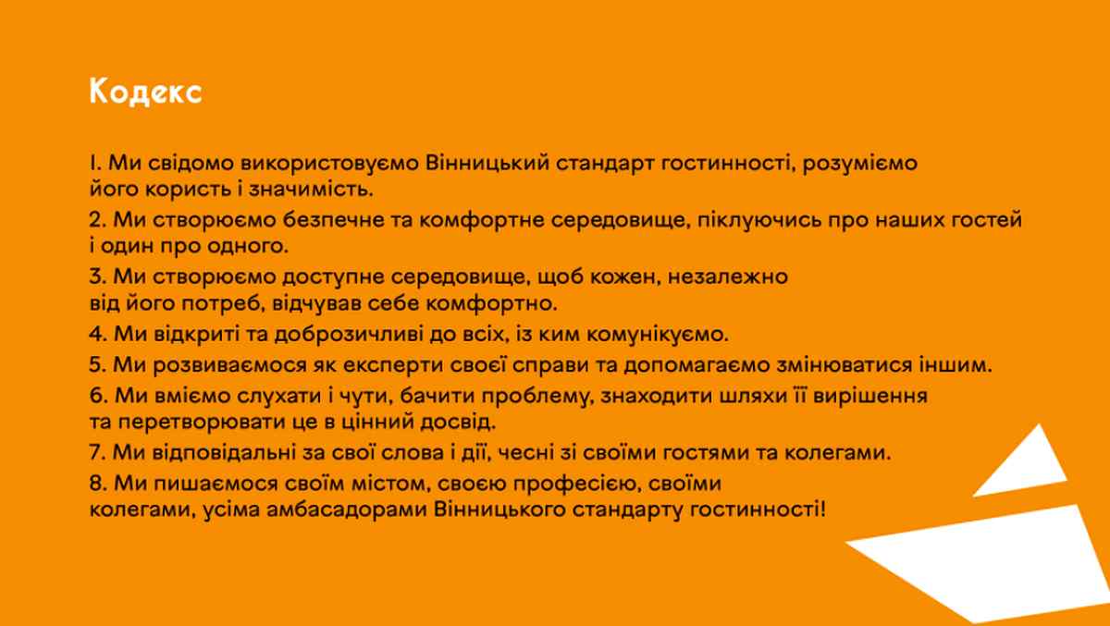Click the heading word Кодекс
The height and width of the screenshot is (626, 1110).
(x=146, y=92)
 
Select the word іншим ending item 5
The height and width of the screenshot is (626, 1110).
(x=956, y=364)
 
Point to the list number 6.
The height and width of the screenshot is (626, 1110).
(x=97, y=396)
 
